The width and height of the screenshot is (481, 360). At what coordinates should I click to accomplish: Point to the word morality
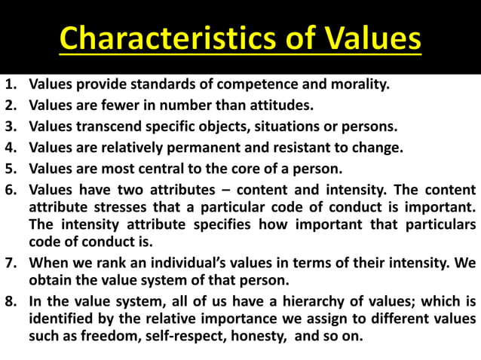pos(357,84)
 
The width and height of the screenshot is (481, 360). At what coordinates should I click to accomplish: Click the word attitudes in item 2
pos(281,105)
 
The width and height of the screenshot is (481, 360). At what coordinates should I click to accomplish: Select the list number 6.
pos(11,188)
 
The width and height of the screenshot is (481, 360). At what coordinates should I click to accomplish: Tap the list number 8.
pos(11,302)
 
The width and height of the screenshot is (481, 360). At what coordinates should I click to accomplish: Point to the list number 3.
pos(11,126)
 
